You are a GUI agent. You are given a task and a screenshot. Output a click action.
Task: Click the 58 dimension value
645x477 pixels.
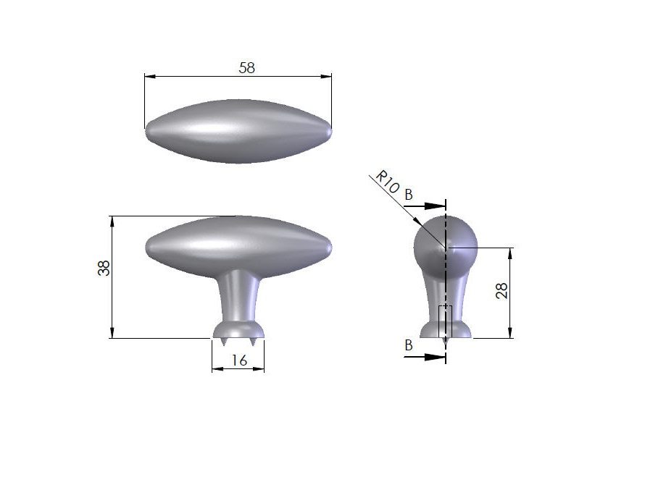click(247, 68)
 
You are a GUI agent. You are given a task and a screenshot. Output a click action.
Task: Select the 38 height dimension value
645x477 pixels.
click(104, 269)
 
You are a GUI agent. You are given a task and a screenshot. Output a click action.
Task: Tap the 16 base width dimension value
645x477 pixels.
click(239, 360)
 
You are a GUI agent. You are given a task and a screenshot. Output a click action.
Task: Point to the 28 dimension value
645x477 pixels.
click(502, 291)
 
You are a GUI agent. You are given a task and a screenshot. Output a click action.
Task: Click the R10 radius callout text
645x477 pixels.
click(388, 182)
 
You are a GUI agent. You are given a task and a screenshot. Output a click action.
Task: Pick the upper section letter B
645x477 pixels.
click(409, 194)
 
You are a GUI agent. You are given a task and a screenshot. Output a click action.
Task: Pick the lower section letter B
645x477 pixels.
click(409, 345)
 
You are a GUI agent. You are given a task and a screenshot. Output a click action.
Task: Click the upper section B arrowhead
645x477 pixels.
click(436, 206)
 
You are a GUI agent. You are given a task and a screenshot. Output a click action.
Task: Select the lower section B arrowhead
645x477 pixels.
click(436, 358)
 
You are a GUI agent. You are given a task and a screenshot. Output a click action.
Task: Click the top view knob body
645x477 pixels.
click(238, 131)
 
